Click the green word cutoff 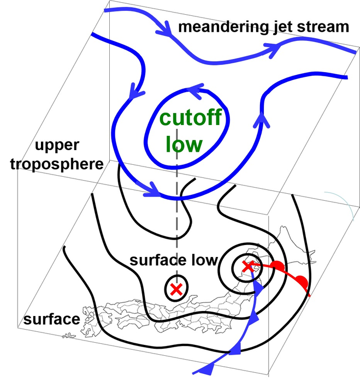point(187,118)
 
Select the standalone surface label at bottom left point(51,319)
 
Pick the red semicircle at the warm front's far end point(300,282)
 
